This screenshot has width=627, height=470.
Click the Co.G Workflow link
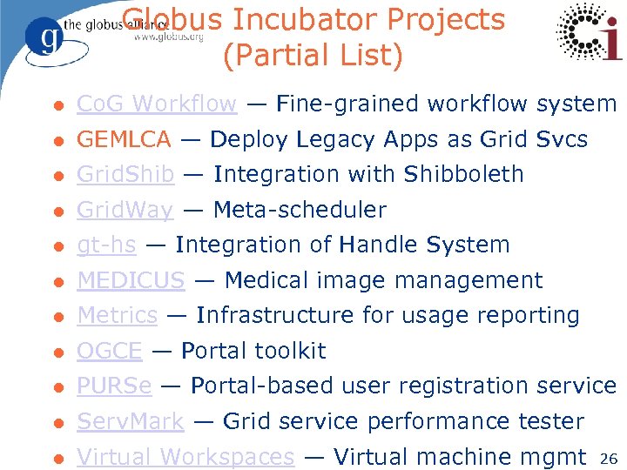coord(157,104)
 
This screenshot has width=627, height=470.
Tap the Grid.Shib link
coord(125,174)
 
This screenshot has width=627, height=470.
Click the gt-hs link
coord(106,245)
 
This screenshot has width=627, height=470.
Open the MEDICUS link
coord(131,280)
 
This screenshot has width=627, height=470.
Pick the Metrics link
coord(118,315)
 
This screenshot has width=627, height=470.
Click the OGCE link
coord(110,351)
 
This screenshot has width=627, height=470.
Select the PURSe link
coord(114,386)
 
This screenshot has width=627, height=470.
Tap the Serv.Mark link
coord(131,421)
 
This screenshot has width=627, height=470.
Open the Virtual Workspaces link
coord(185,456)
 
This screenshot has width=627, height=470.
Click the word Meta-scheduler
coord(300,210)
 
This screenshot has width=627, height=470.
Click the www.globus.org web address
coord(170,37)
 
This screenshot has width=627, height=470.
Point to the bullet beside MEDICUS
coord(57,281)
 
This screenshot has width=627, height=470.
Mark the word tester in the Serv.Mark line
coord(549,421)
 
